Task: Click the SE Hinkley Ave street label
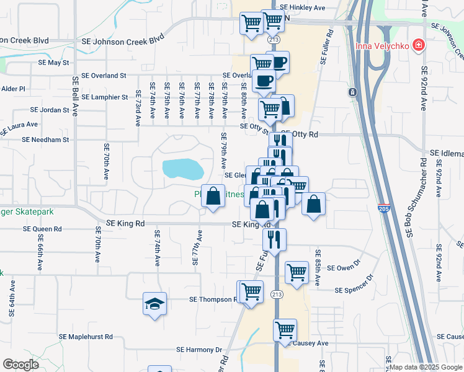pyautogui.click(x=302, y=8)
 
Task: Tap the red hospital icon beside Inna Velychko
pyautogui.click(x=420, y=45)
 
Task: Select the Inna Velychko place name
pyautogui.click(x=383, y=46)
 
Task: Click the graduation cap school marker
pyautogui.click(x=154, y=304)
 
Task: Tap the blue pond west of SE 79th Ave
pyautogui.click(x=182, y=168)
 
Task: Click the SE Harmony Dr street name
pyautogui.click(x=199, y=350)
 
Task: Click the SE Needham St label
pyautogui.click(x=45, y=140)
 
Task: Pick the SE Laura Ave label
pyautogui.click(x=19, y=128)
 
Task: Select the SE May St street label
pyautogui.click(x=53, y=63)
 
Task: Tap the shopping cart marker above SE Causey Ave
pyautogui.click(x=285, y=329)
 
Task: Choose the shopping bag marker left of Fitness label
pyautogui.click(x=213, y=196)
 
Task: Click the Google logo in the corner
pyautogui.click(x=20, y=364)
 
